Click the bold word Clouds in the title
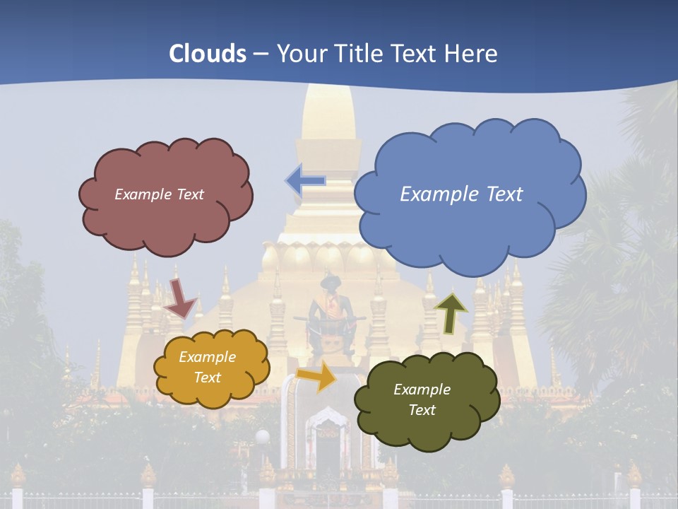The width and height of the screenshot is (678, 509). tap(208, 54)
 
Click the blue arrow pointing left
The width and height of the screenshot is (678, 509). tap(305, 181)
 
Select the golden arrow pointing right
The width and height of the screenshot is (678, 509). tap(317, 375)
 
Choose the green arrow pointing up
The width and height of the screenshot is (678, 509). tap(451, 312)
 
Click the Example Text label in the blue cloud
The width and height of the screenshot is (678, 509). tap(461, 194)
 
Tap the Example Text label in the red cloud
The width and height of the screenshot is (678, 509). tap(159, 194)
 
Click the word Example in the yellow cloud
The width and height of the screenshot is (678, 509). tap(207, 357)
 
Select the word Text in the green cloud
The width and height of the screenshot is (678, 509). tap(422, 410)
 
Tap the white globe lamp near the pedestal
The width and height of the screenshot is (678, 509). tap(262, 438)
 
